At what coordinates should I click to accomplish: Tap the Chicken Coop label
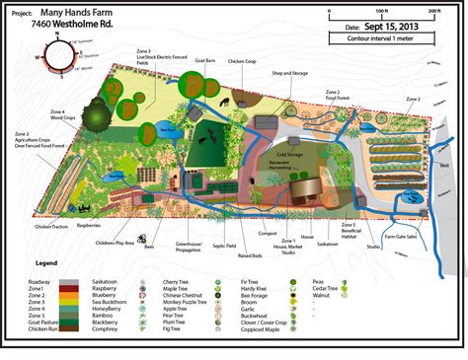coord(244,61)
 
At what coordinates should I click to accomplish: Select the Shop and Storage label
coord(291,74)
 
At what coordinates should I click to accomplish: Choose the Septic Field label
coord(224,246)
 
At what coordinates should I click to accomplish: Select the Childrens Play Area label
coord(116,242)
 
